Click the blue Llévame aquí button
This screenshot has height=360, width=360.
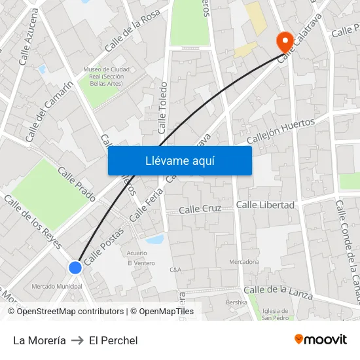180,160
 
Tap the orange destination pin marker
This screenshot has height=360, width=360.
285,43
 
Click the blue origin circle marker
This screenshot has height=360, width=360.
75,267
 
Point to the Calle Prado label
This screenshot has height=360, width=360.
77,184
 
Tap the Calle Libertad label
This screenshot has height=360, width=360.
265,205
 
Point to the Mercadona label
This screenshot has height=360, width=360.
243,262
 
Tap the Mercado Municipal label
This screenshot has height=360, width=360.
57,286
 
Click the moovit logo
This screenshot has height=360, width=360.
320,340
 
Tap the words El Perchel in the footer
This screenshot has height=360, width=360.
113,340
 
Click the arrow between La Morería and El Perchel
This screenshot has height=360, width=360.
77,340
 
